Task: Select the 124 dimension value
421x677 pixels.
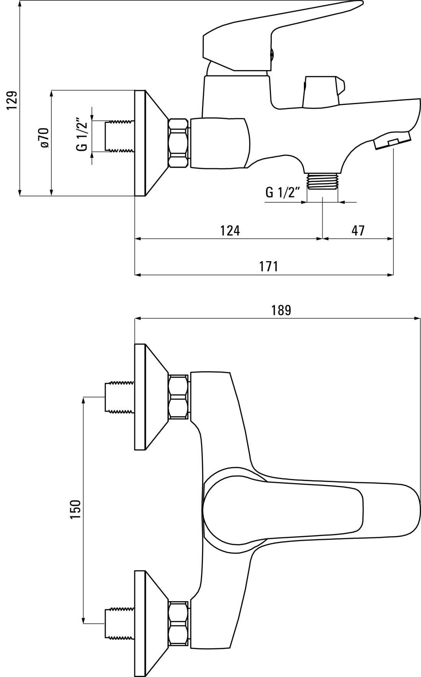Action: tap(230, 231)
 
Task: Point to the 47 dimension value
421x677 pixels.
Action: tap(358, 231)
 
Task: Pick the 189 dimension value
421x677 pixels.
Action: tap(281, 310)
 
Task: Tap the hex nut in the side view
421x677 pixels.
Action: tap(179, 143)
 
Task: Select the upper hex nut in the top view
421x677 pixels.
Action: tap(179, 397)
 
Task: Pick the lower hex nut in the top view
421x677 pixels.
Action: tap(179, 624)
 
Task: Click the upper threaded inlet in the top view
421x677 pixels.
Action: tap(120, 397)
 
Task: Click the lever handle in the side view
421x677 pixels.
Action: tap(276, 38)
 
